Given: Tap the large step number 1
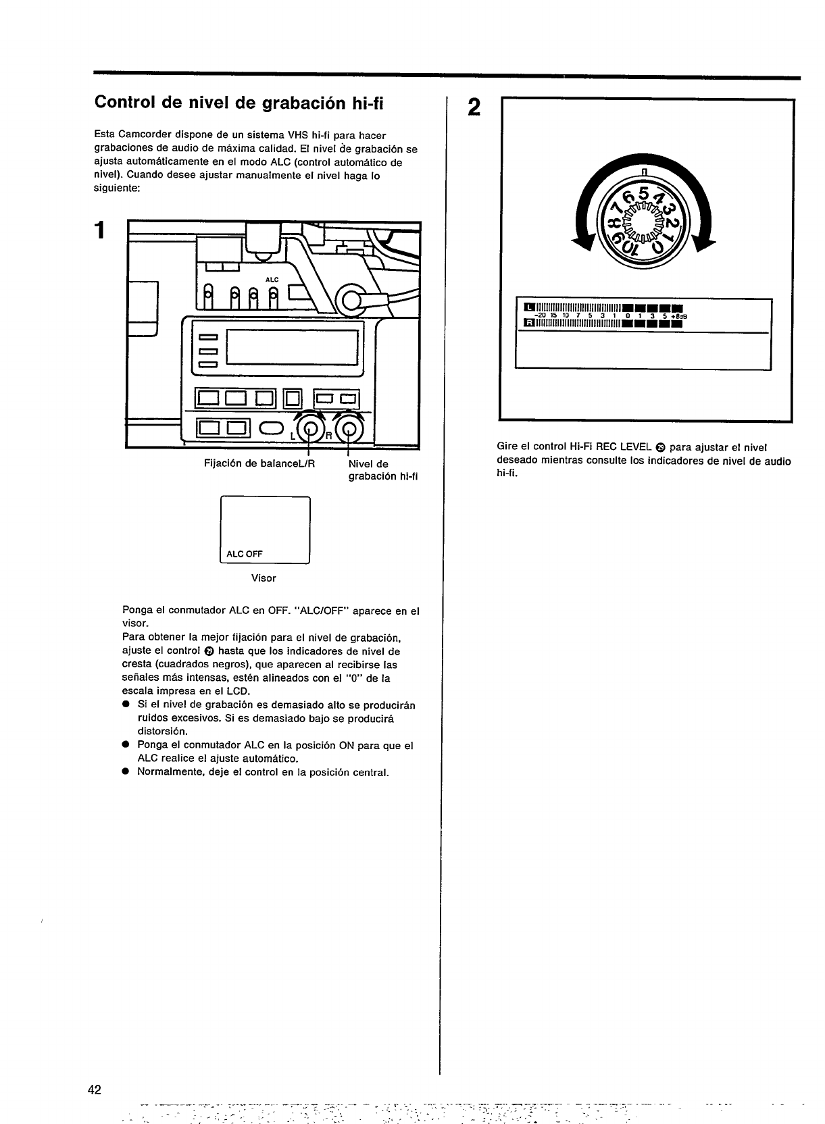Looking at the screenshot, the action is coord(100,230).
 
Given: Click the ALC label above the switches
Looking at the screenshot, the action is coord(272,279).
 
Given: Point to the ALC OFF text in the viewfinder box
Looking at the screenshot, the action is coord(245,554).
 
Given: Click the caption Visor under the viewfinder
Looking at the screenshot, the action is coord(264,578).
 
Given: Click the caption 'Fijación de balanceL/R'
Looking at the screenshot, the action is coord(259,464).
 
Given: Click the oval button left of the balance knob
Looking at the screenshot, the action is coord(271,428).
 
